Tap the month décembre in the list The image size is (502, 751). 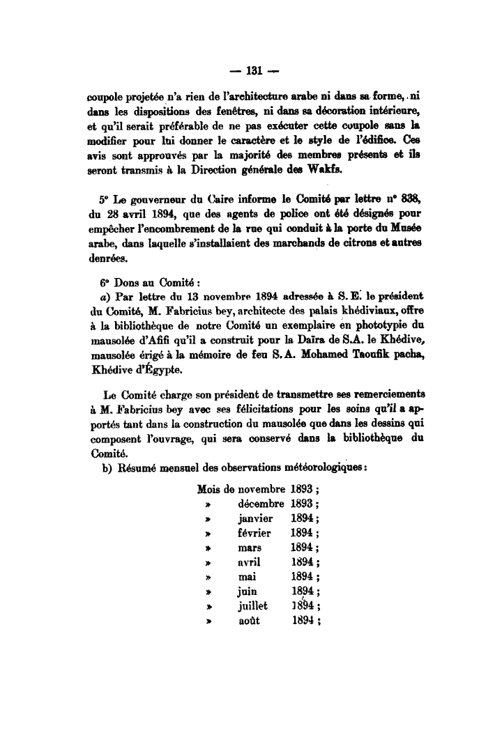click(x=261, y=504)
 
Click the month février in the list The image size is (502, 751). click(x=254, y=533)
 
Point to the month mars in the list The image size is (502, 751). click(x=250, y=548)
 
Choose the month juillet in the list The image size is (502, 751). click(x=253, y=606)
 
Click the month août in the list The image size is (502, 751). click(x=249, y=621)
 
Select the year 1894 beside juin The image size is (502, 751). click(x=303, y=592)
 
